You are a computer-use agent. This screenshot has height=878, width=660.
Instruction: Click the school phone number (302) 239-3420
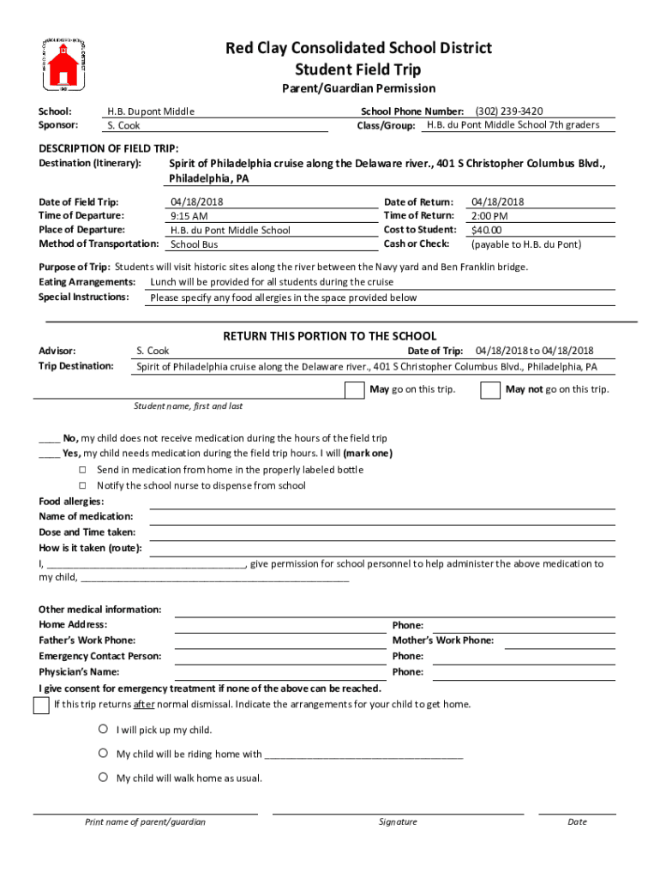pos(509,111)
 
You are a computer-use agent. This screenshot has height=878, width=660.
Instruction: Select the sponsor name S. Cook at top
pos(123,126)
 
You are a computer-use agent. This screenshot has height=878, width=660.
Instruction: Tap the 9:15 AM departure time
pos(189,216)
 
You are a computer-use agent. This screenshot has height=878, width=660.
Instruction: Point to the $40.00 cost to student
pos(487,230)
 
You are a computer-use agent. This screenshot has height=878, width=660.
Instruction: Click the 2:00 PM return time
pos(489,216)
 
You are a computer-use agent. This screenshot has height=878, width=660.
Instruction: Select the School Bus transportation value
pos(194,244)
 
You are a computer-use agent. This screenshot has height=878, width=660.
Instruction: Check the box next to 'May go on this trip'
pos(354,390)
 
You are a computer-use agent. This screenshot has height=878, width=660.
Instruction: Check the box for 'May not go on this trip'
pos(490,390)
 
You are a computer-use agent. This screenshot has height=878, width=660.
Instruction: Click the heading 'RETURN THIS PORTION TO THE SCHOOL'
pos(330,336)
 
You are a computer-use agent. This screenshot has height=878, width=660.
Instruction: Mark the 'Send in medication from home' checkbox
pos(83,470)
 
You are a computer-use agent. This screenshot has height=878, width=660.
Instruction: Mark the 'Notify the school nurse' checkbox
pos(83,485)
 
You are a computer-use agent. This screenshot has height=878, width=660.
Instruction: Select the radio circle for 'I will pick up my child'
pos(102,730)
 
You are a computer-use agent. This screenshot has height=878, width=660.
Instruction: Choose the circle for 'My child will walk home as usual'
pos(102,778)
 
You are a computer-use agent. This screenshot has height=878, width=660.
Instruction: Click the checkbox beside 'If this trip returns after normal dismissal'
pos(40,706)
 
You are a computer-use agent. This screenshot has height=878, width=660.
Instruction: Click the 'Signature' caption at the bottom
pos(398,821)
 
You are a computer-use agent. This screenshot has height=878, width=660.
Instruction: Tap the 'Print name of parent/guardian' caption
pos(145,821)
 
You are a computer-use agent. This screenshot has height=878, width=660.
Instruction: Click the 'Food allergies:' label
pos(71,501)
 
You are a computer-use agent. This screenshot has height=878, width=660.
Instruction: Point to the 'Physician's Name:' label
pos(79,671)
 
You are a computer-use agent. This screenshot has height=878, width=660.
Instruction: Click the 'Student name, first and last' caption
pos(188,406)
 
